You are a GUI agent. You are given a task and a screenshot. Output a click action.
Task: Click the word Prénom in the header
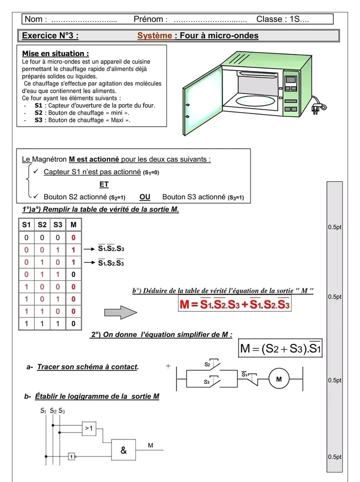(x=148, y=19)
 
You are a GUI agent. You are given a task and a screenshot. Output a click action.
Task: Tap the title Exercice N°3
(x=50, y=36)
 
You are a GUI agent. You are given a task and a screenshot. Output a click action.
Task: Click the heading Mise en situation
(x=56, y=54)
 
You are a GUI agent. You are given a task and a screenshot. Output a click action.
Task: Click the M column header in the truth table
(x=73, y=225)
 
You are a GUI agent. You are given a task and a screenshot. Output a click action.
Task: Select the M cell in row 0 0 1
(x=73, y=249)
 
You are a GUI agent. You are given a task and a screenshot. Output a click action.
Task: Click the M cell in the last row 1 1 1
(x=73, y=324)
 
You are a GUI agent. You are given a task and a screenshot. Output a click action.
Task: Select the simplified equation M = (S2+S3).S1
(x=280, y=347)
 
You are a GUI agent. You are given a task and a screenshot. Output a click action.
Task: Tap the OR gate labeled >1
(x=89, y=427)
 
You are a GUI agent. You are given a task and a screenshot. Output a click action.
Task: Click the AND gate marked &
(x=123, y=449)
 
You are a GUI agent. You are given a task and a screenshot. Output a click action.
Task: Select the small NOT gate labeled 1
(x=71, y=456)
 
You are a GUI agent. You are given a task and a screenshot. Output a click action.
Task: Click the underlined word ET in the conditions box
(x=104, y=184)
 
